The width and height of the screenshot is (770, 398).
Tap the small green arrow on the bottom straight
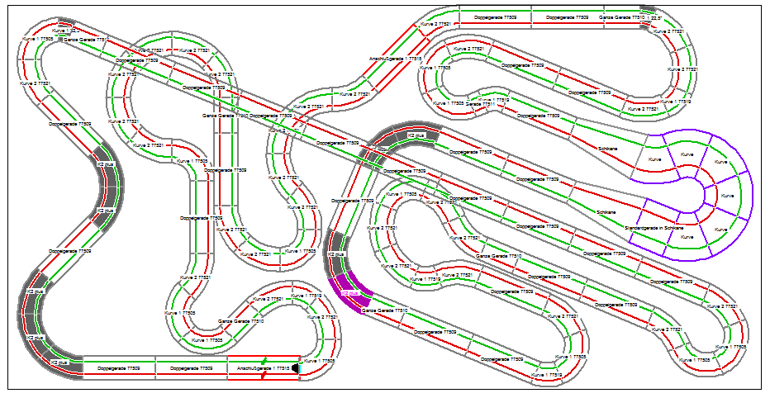coord(264,361)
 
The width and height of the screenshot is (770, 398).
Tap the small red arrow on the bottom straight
coord(264,376)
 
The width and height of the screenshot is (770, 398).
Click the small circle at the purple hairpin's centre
coord(703,195)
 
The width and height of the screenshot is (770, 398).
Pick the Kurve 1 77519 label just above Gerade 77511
coord(492,98)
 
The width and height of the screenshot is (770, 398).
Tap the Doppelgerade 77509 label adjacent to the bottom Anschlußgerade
coord(192,368)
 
